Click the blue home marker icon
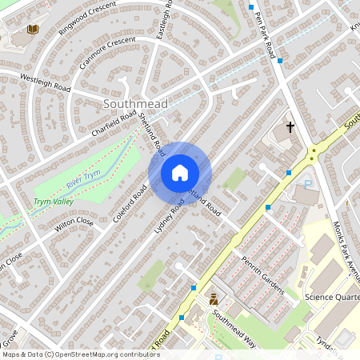click(x=180, y=172)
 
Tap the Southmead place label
click(x=134, y=105)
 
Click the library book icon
click(x=32, y=30)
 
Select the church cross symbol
click(x=290, y=126)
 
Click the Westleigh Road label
click(x=45, y=82)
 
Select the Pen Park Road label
click(x=266, y=33)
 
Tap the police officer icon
click(x=214, y=300)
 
